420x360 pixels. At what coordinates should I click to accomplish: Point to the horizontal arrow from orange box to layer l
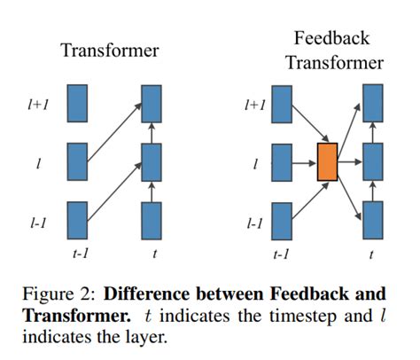point(350,162)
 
